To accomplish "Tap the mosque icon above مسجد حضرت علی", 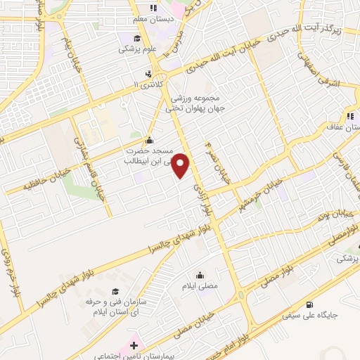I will [x=148, y=139].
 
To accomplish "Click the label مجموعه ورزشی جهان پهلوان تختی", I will [x=193, y=103].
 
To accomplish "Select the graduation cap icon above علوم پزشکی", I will [x=137, y=38].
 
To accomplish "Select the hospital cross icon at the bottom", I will [x=134, y=346].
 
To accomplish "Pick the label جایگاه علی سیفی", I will [x=310, y=316].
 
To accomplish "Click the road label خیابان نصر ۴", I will [x=215, y=160].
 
